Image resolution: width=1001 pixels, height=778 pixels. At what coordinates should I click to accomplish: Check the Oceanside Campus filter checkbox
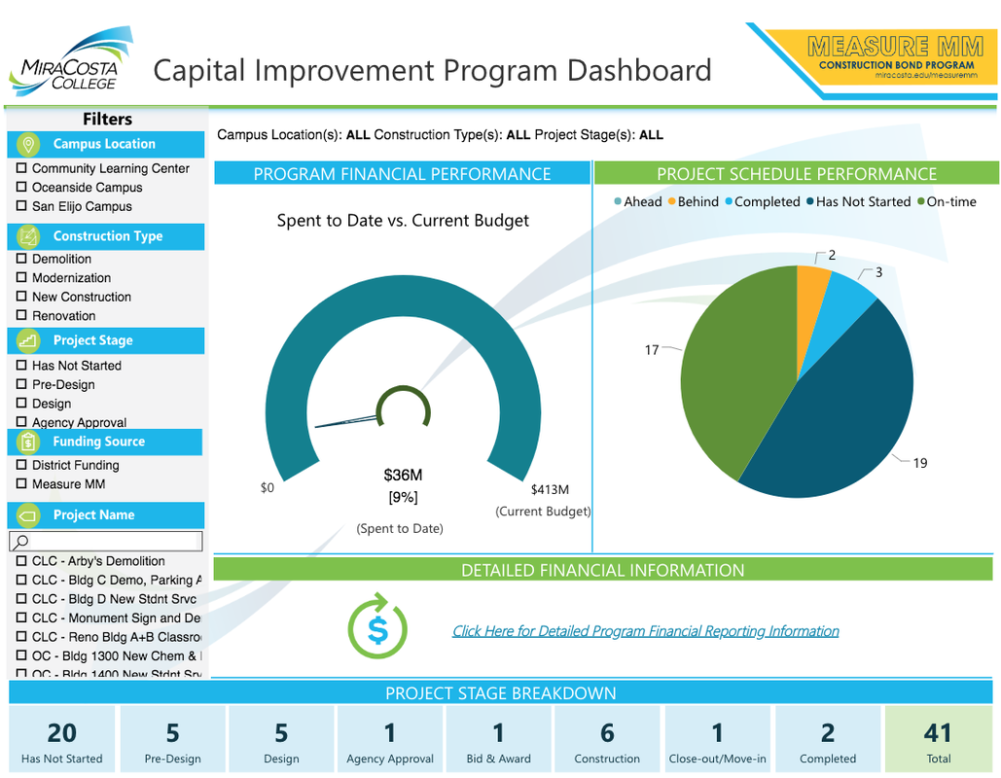(21, 188)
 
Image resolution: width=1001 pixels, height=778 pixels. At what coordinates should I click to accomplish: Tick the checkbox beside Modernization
(21, 278)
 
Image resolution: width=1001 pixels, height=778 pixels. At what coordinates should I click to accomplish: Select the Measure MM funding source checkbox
(21, 484)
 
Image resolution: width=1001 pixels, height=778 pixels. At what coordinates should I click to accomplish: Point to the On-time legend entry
(946, 202)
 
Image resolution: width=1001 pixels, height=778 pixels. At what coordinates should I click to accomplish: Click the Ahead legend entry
(638, 202)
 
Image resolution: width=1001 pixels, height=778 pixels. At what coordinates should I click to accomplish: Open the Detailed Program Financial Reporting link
(645, 631)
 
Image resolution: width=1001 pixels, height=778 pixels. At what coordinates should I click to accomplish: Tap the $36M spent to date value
(403, 476)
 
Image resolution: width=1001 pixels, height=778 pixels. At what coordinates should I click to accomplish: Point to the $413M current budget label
(550, 489)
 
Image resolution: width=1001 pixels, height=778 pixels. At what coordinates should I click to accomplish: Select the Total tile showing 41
(939, 740)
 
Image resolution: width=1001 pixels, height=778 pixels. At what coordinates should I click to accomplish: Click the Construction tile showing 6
(607, 740)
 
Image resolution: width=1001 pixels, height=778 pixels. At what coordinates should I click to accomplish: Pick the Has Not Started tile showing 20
(61, 740)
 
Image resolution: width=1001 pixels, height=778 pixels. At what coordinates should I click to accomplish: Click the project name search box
(107, 541)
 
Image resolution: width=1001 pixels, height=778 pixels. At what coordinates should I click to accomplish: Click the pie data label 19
(919, 463)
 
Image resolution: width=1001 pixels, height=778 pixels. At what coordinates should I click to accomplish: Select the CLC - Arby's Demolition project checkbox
(21, 561)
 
